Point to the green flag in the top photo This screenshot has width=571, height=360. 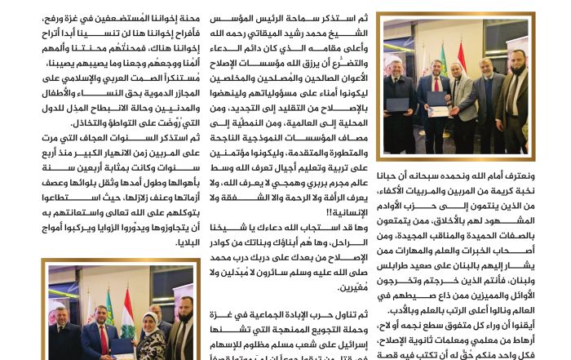click(445, 59)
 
